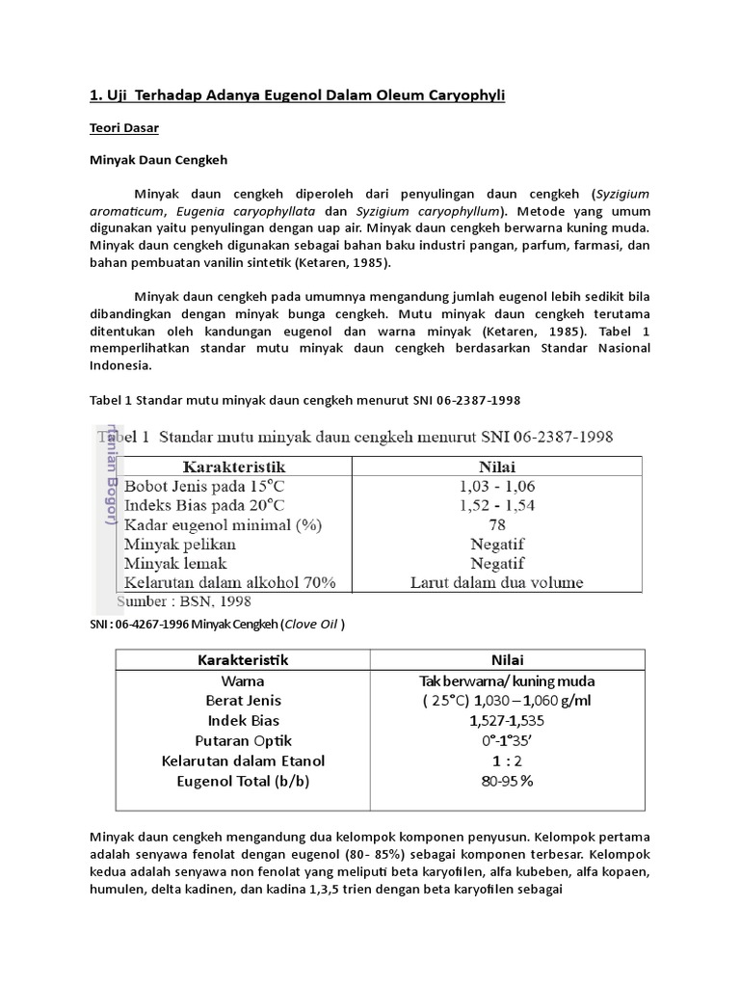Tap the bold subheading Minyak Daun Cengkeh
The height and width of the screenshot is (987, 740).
tap(158, 159)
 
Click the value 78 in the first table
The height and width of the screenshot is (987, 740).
tap(497, 524)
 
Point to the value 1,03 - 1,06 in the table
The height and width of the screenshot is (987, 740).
tap(497, 486)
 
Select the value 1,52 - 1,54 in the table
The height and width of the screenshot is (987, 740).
tap(497, 505)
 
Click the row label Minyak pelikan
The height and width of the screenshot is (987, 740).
tap(180, 544)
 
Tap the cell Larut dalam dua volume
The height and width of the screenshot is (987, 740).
tap(497, 582)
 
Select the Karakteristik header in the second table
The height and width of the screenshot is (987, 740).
tap(243, 660)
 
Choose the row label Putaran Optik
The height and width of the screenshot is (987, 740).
tap(243, 741)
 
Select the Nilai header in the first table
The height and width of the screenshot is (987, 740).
tap(497, 467)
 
